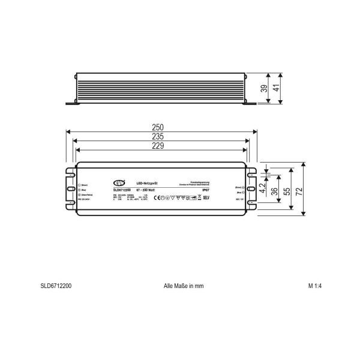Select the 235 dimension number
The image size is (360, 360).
159,136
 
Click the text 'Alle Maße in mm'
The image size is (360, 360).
184,286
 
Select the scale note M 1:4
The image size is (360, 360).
315,286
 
